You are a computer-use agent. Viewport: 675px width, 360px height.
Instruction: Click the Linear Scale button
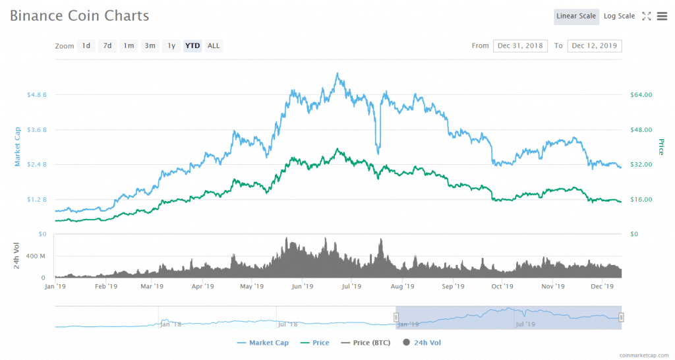(x=576, y=16)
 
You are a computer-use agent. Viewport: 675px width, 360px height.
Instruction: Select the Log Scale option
(x=619, y=16)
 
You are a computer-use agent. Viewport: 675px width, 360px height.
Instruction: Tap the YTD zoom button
(x=192, y=45)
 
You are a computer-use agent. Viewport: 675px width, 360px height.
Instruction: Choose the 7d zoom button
(x=107, y=45)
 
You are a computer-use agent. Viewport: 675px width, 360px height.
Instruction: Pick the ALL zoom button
(x=214, y=45)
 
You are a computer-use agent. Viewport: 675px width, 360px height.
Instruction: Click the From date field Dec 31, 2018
(x=521, y=45)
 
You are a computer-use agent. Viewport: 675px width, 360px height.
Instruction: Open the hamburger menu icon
(x=662, y=16)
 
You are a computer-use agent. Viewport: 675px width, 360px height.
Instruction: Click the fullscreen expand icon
(x=647, y=16)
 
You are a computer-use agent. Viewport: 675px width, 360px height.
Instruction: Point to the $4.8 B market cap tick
(x=36, y=95)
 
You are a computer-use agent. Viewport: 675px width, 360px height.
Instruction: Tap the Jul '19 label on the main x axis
(x=351, y=287)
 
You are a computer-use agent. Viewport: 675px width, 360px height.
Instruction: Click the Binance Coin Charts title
(x=79, y=15)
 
